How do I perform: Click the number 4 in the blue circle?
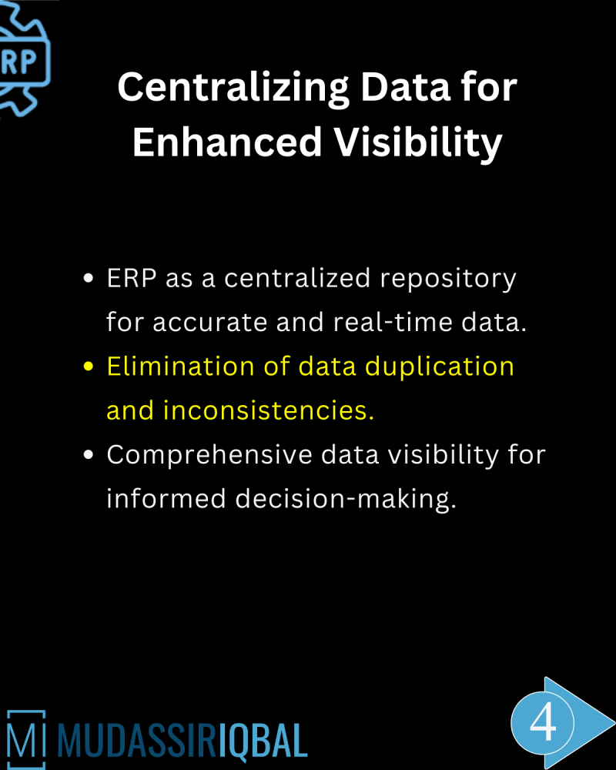(543, 723)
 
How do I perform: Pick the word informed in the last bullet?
(166, 499)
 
